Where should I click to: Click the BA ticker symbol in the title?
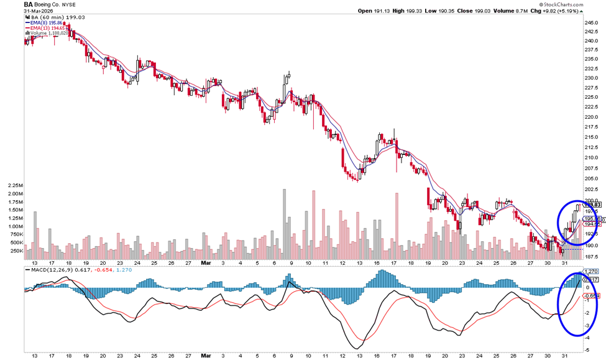pos(29,4)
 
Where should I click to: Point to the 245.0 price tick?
pos(590,23)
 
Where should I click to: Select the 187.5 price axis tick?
pos(590,256)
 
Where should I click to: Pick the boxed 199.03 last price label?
pos(592,205)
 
